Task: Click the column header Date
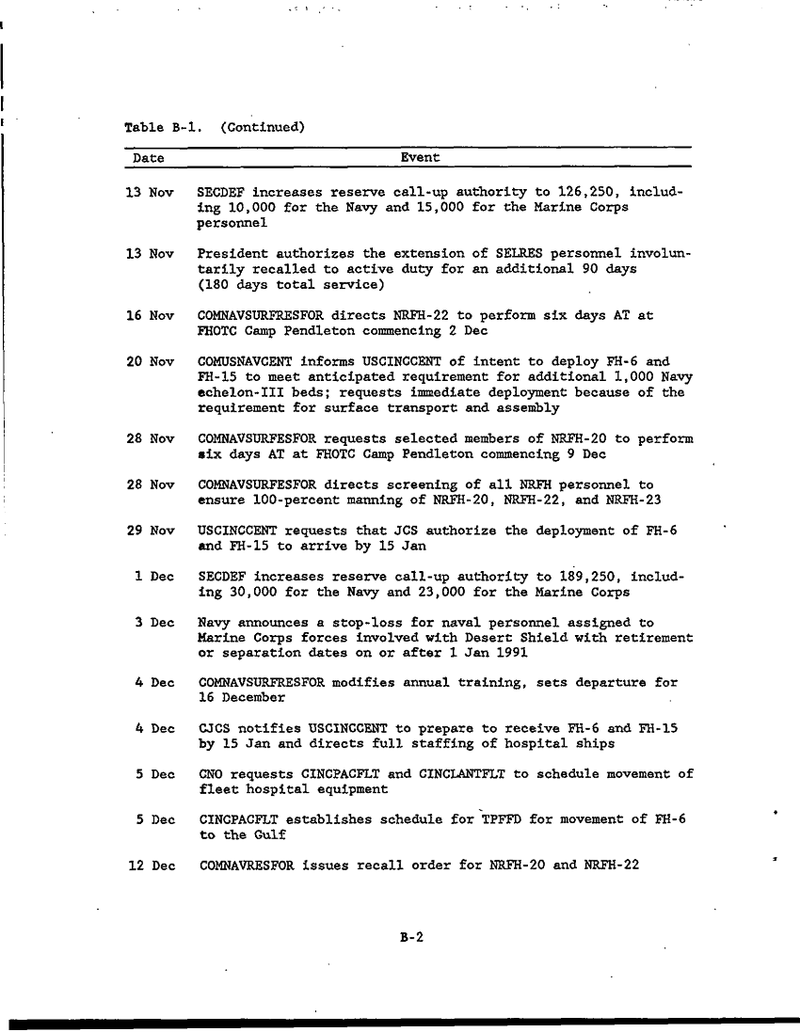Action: (148, 158)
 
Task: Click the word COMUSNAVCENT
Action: (244, 361)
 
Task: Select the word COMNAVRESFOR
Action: (247, 865)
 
